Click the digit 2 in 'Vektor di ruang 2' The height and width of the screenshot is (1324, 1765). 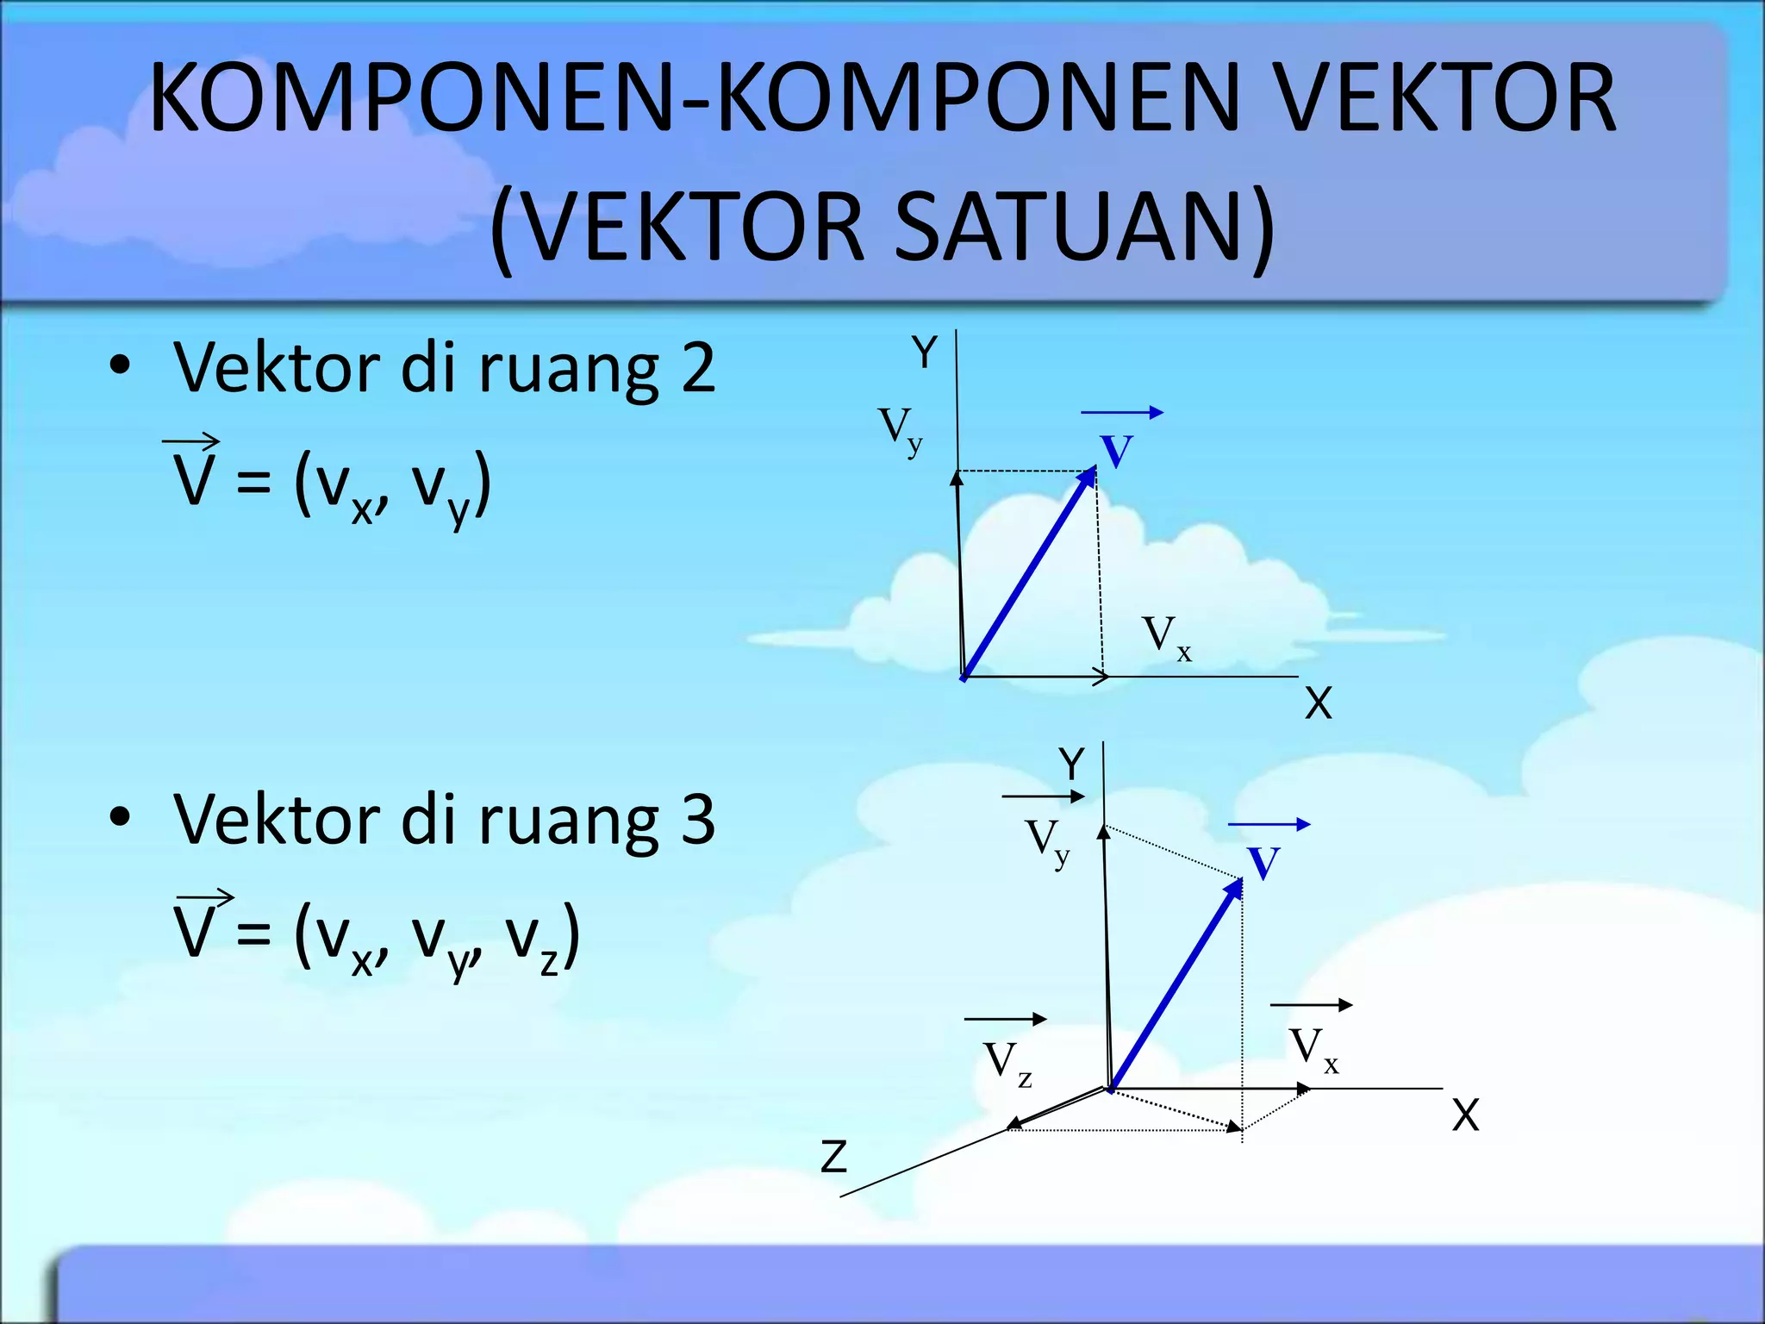pos(698,368)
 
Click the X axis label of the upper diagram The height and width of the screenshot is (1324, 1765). pos(1318,703)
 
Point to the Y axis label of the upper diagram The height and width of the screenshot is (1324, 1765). pos(924,353)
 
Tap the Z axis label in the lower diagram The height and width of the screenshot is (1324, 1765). pos(833,1156)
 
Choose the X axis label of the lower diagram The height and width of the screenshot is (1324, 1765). pos(1465,1115)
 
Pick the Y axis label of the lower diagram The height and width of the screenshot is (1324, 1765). pos(1071,764)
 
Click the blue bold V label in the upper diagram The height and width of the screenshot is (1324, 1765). pos(1116,451)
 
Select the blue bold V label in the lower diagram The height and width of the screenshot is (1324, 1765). pos(1263,863)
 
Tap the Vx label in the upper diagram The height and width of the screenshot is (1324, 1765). pos(1166,638)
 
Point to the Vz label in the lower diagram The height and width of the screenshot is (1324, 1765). pos(1007,1063)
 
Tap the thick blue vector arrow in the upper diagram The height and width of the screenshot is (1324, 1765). pos(1030,573)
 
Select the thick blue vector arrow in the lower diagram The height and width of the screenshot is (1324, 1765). pos(1176,985)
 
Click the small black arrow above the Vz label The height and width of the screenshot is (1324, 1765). pos(1005,1019)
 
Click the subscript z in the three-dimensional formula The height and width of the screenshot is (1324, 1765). pos(549,962)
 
